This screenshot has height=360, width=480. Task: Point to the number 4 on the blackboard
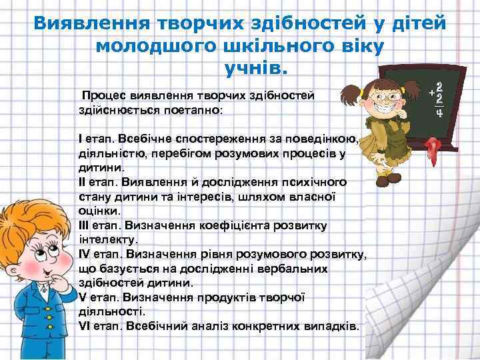439,113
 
